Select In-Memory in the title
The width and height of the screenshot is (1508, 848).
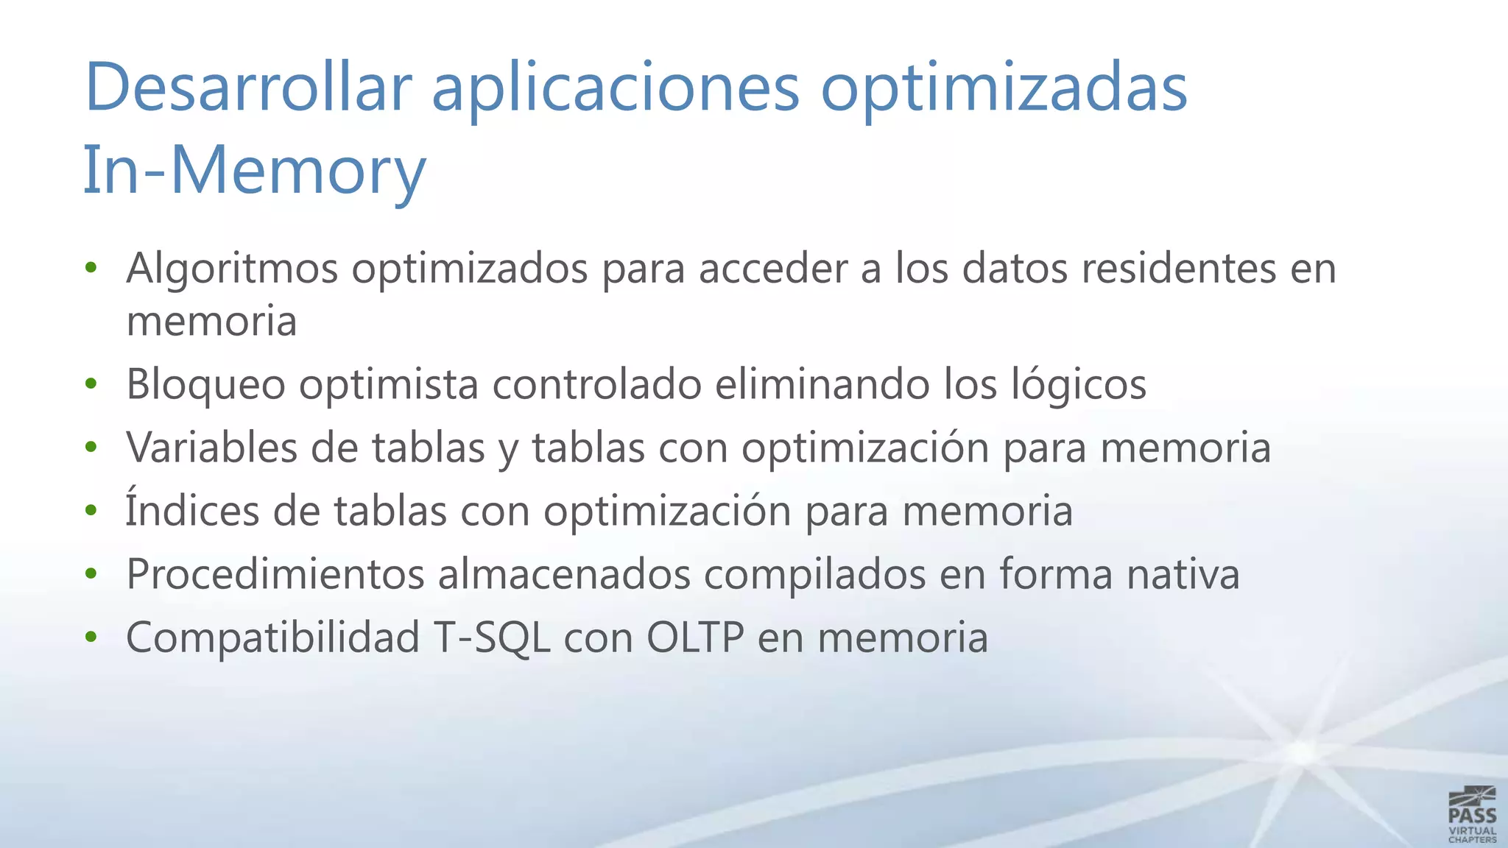coord(254,171)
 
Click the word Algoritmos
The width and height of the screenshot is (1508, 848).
coord(232,269)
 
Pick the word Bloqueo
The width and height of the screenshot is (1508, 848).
coord(205,385)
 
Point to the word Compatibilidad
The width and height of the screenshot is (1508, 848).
coord(272,637)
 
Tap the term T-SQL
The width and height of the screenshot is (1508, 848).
coord(491,637)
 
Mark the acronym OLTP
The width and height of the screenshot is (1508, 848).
coord(694,637)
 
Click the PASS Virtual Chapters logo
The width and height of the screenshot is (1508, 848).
coord(1472,814)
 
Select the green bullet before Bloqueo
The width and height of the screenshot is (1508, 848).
coord(91,384)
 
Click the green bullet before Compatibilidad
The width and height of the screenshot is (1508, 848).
coord(91,636)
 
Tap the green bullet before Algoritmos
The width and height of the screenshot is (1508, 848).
coord(91,267)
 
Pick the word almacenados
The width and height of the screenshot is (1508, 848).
coord(564,574)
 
